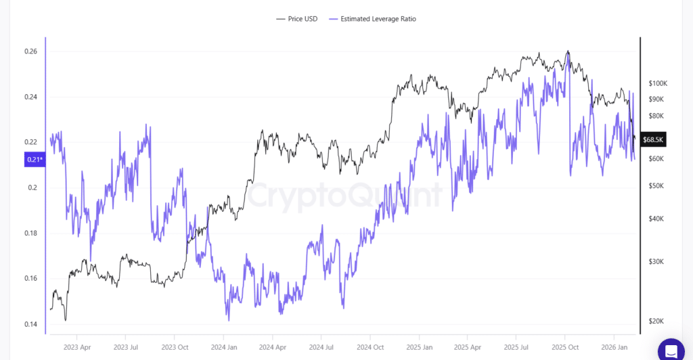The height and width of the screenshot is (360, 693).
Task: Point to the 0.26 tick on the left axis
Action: [x=30, y=51]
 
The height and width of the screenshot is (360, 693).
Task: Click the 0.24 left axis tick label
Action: [x=30, y=97]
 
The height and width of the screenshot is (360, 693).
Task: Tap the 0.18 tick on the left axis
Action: [x=30, y=233]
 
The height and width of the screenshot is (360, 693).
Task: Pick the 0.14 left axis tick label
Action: [x=30, y=324]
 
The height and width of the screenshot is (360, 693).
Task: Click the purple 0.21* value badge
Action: [x=34, y=160]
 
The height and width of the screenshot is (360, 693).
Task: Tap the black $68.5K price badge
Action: [x=653, y=140]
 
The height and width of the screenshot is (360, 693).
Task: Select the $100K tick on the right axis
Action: [x=658, y=84]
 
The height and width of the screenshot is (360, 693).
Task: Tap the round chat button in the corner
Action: [x=671, y=351]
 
